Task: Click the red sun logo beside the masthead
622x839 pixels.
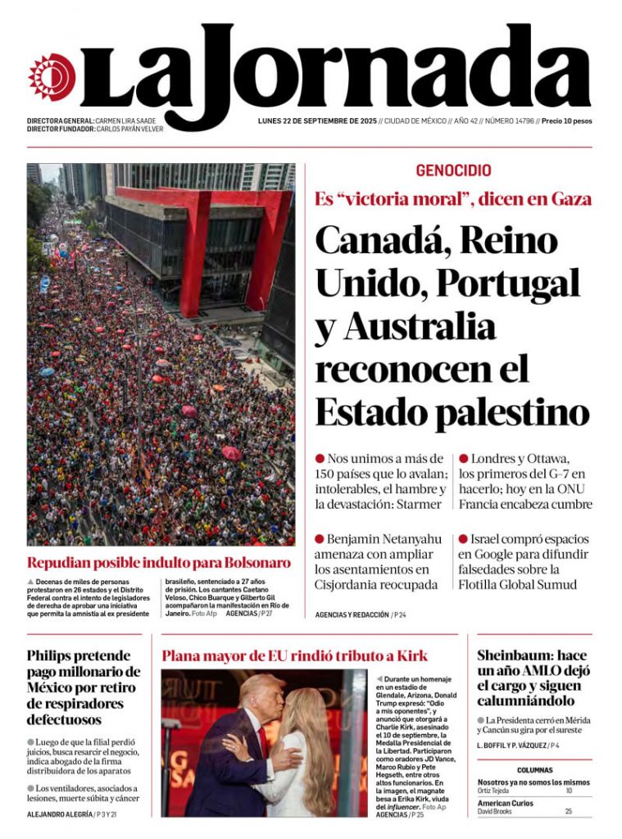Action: click(x=52, y=77)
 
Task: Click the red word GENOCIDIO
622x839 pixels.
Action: click(x=453, y=171)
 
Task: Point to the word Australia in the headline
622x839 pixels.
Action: click(x=420, y=326)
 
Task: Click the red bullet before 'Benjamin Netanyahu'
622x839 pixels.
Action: click(x=320, y=539)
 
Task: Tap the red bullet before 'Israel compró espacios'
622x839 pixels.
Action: click(x=463, y=539)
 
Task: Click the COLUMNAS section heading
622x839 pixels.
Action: click(x=534, y=770)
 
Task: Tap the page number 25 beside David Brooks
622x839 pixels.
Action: click(x=568, y=811)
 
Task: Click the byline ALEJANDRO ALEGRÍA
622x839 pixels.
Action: click(x=60, y=814)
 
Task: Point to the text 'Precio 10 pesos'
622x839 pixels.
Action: click(x=566, y=120)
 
